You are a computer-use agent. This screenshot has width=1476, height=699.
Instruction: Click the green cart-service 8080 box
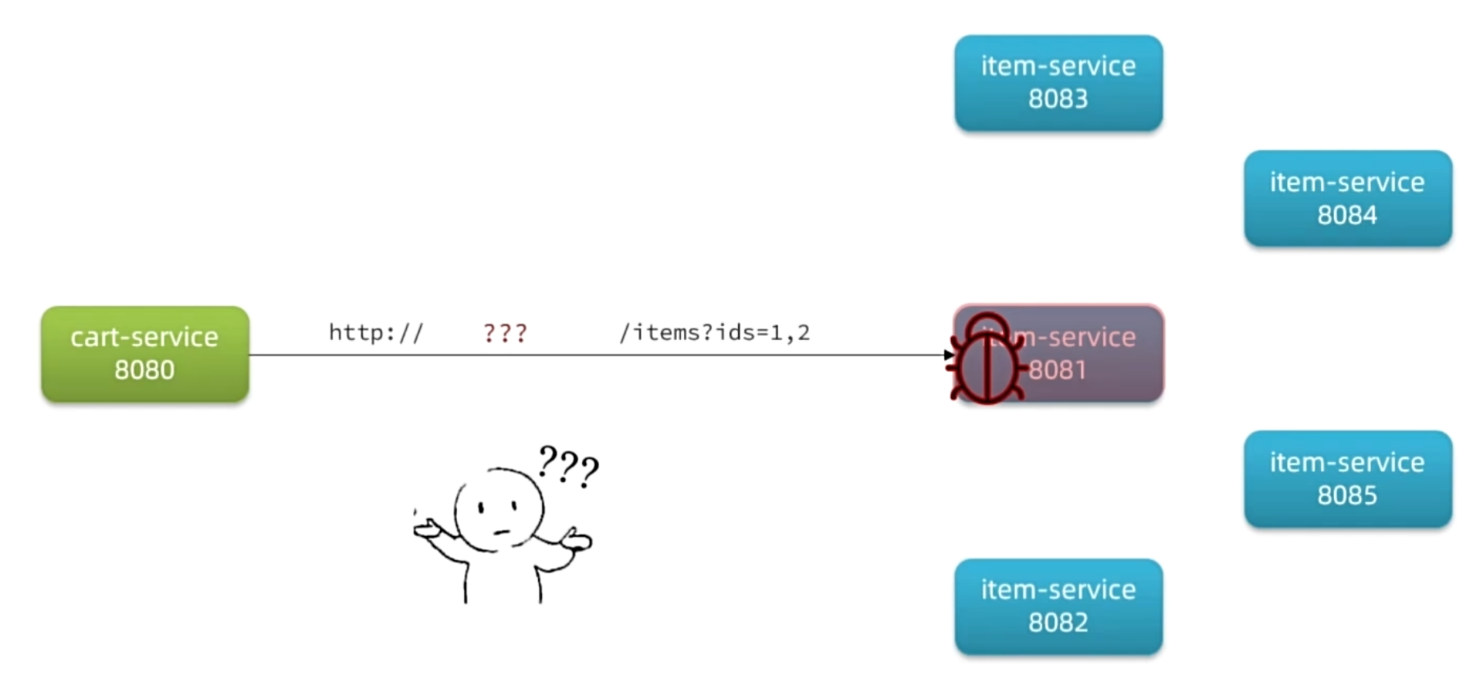click(145, 354)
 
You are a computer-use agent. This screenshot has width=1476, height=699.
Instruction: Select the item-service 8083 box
click(1058, 83)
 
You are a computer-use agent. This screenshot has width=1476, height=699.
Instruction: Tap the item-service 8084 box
click(1348, 198)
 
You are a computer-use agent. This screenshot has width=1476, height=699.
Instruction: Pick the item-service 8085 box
click(1348, 479)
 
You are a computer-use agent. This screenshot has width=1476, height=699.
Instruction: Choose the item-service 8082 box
click(1058, 607)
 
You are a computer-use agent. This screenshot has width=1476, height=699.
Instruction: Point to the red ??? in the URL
click(505, 333)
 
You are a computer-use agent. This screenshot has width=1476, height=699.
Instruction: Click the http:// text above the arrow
click(376, 333)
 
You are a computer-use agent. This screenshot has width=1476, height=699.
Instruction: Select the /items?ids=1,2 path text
click(714, 333)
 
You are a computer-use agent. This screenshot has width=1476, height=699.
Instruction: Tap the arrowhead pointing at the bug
click(948, 354)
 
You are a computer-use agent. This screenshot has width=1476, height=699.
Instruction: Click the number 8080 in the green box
click(145, 370)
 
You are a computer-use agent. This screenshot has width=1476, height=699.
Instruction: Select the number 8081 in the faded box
click(1058, 370)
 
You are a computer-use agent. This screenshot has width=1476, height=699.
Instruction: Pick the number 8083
click(1058, 99)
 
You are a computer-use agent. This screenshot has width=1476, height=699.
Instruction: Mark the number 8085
click(1348, 495)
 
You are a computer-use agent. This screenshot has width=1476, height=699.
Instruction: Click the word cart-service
click(145, 337)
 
